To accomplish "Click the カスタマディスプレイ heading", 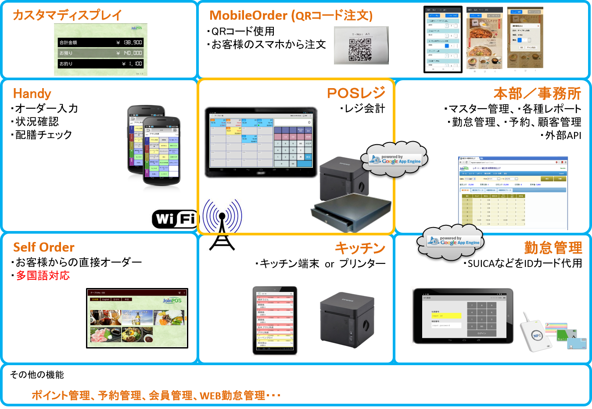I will pos(68,15).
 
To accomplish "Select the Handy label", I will pos(32,93).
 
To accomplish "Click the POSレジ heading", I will pos(356,93).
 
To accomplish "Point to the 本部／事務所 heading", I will pos(537,93).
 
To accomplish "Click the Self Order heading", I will pos(44,247).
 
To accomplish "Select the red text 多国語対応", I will pos(43,276).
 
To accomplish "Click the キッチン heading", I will pos(360,248).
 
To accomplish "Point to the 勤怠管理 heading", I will pos(553,248).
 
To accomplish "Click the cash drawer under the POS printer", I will pos(350,212).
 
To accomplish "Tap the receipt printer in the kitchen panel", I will pos(347,319).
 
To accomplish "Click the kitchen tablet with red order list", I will pos(275,321).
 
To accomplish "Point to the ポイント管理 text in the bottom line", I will pos(61,395).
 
